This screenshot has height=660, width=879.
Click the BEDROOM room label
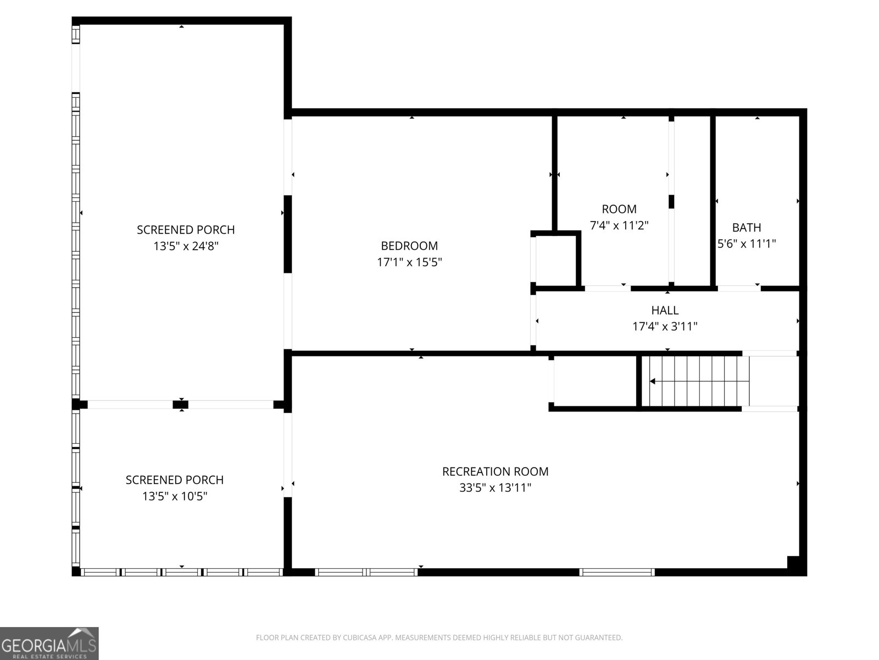pos(409,246)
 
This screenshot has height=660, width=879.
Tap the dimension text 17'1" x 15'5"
pos(409,262)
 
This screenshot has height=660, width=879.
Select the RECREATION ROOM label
pos(495,471)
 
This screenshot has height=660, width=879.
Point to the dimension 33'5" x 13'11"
pos(495,488)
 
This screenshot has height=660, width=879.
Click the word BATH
pos(747,228)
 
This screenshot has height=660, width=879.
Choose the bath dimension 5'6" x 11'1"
pos(747,244)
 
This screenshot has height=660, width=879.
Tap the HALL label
pos(665,310)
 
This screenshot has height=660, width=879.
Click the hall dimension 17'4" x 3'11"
pos(665,327)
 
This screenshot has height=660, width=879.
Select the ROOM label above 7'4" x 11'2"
pos(619,209)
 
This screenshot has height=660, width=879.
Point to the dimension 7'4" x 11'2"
pos(619,225)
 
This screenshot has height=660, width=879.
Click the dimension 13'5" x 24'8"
pos(186,246)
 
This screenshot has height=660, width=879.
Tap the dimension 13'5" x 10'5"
pos(175,496)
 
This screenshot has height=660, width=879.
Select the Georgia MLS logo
pos(49,643)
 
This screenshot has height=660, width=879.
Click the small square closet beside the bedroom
pos(556,261)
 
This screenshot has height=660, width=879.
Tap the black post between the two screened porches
pos(181,405)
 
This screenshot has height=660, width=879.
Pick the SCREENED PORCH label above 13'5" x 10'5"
pos(175,480)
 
